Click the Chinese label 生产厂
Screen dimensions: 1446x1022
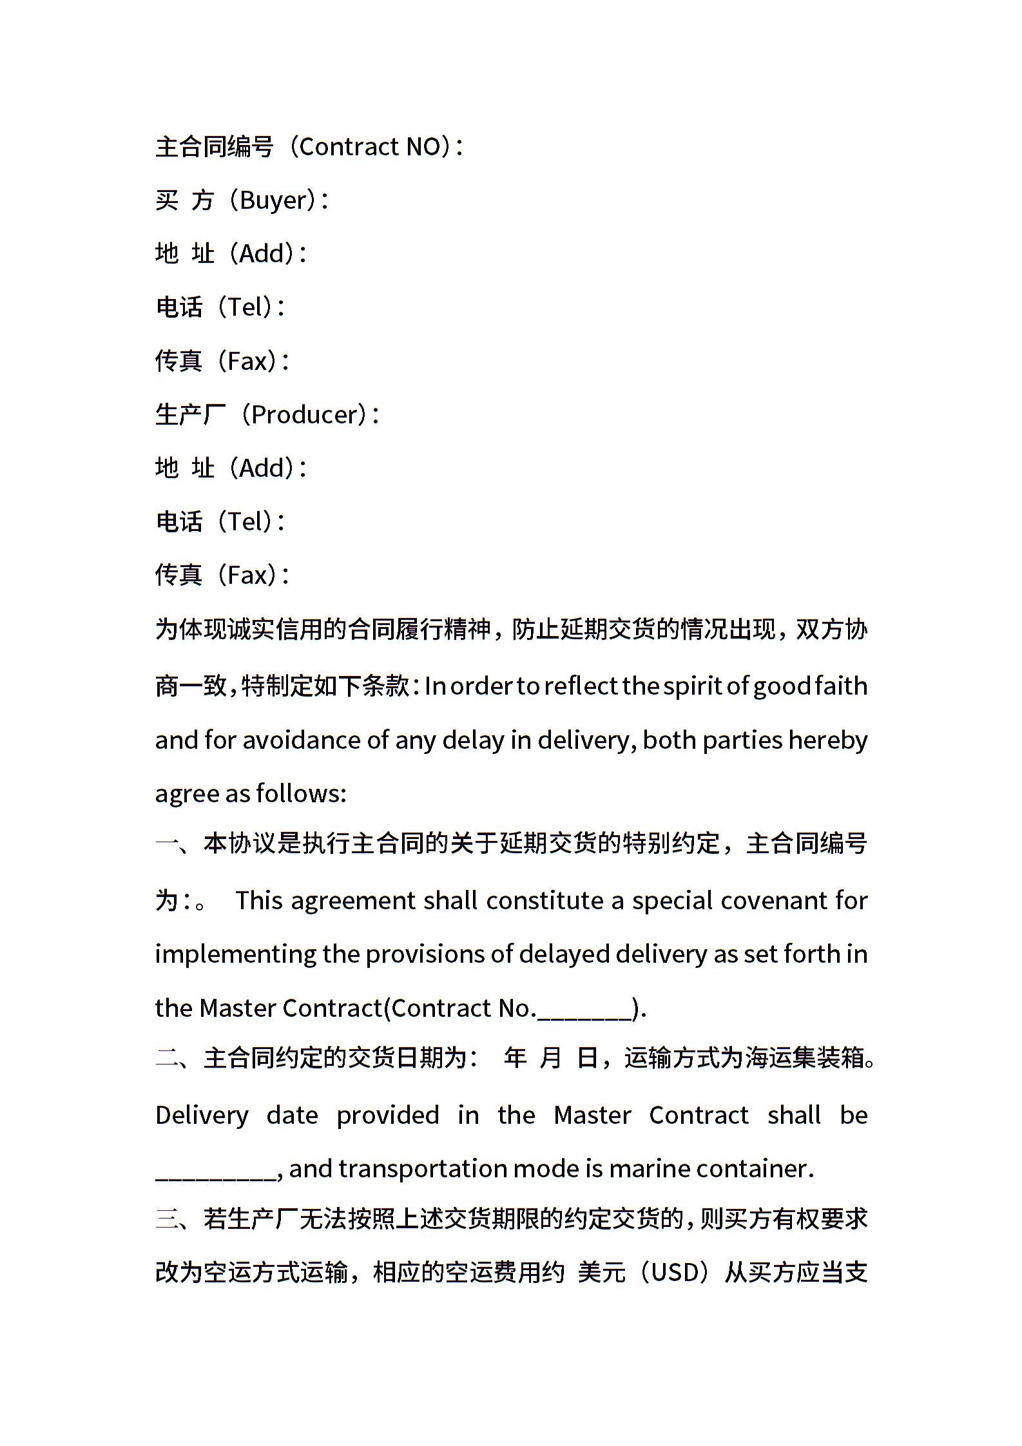(x=191, y=414)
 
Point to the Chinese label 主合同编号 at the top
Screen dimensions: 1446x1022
(x=215, y=147)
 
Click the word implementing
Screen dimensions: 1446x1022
(x=236, y=954)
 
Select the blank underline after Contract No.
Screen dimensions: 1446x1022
(x=584, y=1008)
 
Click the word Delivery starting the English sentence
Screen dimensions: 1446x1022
(x=202, y=1115)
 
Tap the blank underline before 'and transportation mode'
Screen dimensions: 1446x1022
(x=216, y=1169)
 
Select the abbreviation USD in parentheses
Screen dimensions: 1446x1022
(x=675, y=1273)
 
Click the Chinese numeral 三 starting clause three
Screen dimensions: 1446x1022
(x=167, y=1219)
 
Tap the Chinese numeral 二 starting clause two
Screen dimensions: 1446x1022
(x=167, y=1058)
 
